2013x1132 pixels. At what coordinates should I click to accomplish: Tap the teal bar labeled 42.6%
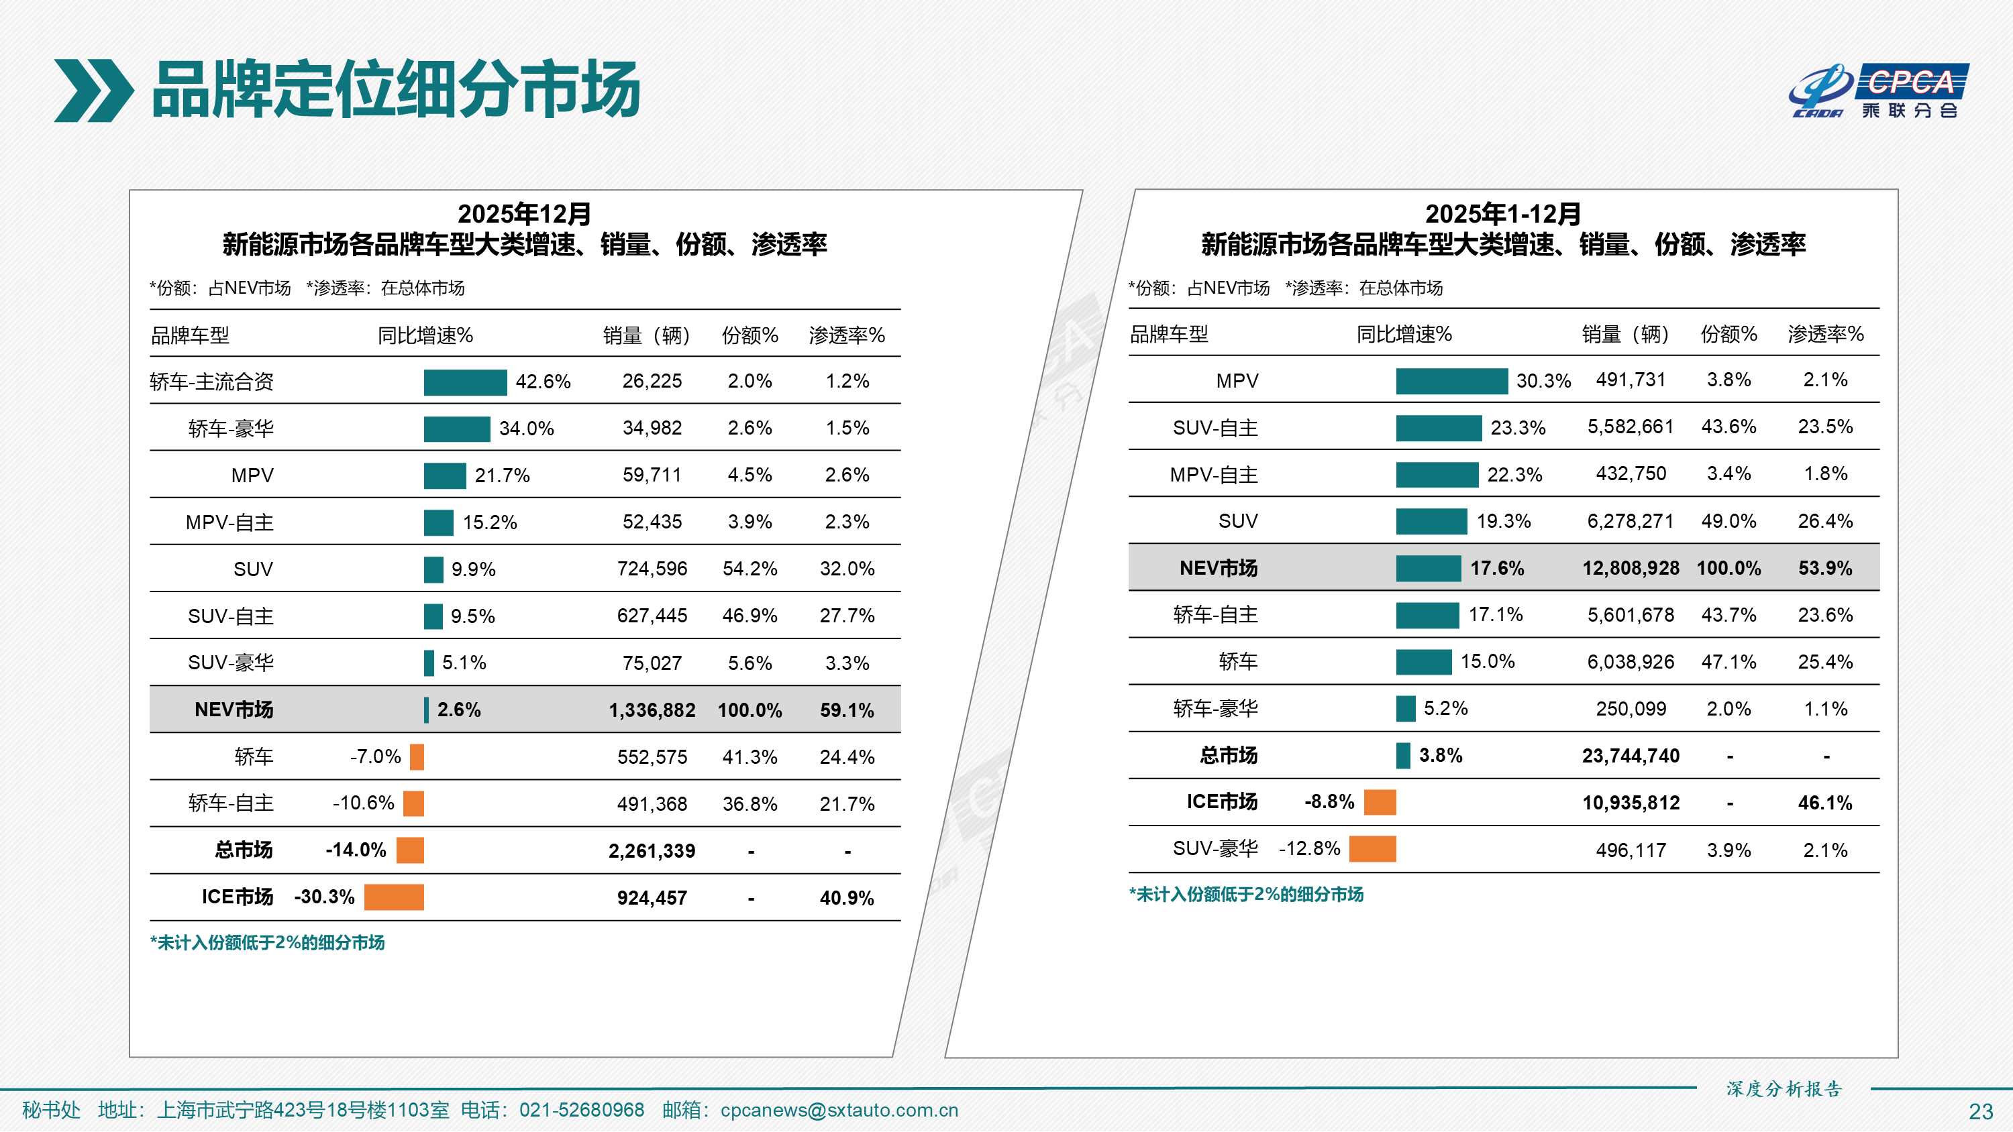click(x=465, y=382)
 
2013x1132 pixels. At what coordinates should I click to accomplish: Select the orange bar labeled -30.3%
click(x=394, y=897)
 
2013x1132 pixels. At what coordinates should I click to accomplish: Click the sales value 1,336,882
click(x=652, y=710)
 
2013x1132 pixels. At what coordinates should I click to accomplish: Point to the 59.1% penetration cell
click(x=846, y=710)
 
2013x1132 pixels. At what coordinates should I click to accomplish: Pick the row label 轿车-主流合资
click(x=212, y=382)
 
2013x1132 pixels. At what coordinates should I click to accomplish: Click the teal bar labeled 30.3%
click(x=1451, y=381)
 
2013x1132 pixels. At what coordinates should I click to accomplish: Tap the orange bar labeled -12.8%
click(x=1372, y=849)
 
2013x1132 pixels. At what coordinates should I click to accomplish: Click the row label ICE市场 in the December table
click(x=237, y=897)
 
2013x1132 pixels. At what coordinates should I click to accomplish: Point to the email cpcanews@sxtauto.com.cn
click(x=839, y=1110)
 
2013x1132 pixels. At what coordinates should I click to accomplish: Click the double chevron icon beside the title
click(x=93, y=91)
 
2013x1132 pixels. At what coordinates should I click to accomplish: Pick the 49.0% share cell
click(x=1728, y=521)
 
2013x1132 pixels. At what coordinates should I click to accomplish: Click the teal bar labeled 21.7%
click(x=445, y=475)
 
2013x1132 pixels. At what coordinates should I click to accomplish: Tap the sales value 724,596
click(x=652, y=569)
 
